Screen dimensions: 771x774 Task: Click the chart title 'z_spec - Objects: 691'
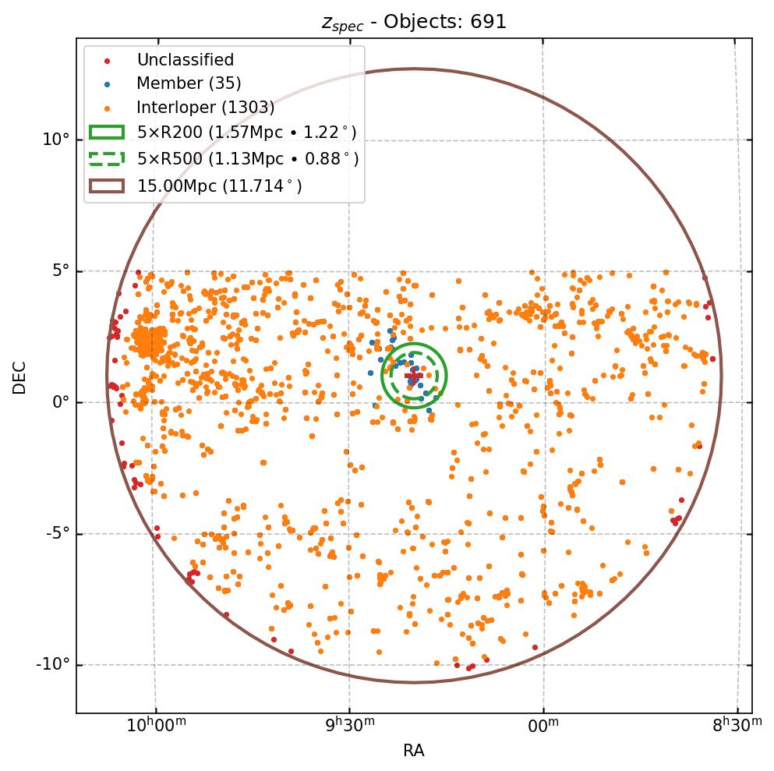tap(414, 22)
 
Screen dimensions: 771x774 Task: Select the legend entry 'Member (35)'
tap(189, 83)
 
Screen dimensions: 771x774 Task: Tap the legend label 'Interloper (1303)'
tap(205, 108)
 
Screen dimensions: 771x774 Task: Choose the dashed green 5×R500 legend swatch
tap(107, 159)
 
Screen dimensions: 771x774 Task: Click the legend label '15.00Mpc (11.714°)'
tap(219, 186)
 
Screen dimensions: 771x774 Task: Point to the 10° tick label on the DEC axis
tap(57, 140)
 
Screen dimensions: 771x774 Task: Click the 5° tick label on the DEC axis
tap(61, 271)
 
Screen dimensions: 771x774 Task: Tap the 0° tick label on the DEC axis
tap(61, 402)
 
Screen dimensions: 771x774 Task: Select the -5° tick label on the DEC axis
tap(58, 534)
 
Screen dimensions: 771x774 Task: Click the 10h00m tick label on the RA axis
tap(156, 726)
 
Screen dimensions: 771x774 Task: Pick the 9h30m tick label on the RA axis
tap(349, 726)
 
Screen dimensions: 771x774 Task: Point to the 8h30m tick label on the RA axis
tap(737, 726)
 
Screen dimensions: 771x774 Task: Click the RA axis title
tap(414, 751)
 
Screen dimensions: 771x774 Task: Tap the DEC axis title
tap(19, 377)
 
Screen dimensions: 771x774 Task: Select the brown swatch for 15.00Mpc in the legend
tap(107, 186)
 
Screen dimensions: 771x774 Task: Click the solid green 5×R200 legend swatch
tap(107, 133)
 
